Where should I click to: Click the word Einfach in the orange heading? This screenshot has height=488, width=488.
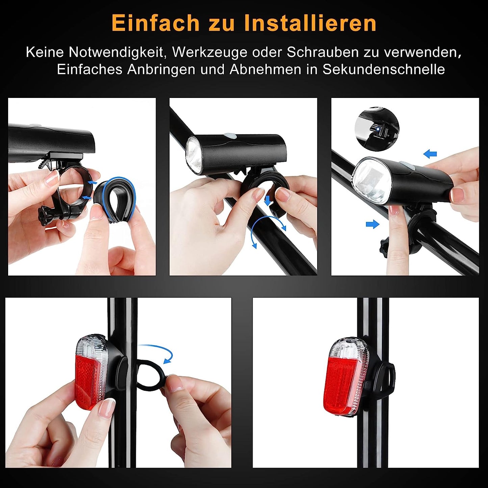[155, 23]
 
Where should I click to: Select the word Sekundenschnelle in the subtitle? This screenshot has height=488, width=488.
[383, 69]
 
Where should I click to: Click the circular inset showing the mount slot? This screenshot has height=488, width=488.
[377, 129]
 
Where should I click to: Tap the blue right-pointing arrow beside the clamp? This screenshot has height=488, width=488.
[373, 224]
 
